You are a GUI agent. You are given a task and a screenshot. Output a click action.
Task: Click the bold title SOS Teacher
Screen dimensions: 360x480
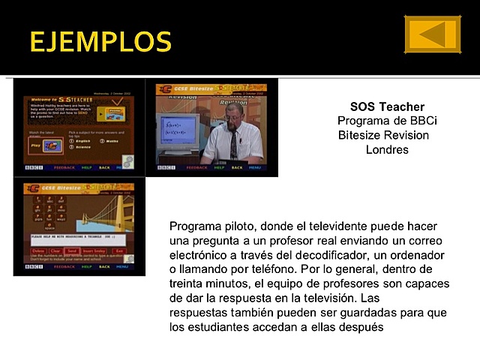pos(387,107)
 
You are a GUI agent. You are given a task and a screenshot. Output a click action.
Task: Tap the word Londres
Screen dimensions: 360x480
pos(387,149)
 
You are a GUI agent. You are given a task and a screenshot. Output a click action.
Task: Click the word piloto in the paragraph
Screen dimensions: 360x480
pos(237,226)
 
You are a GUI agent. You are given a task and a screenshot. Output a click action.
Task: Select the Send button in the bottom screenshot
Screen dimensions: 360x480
pos(72,250)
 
